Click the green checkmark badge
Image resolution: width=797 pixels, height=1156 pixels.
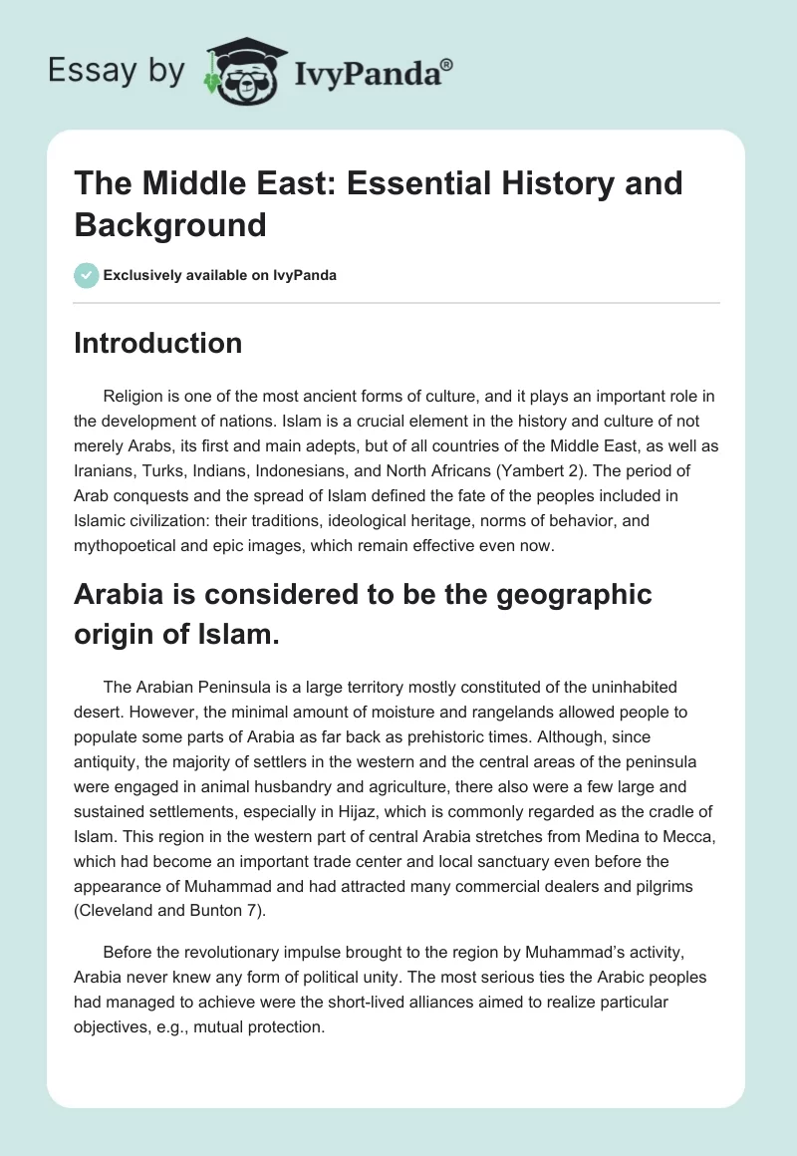[87, 275]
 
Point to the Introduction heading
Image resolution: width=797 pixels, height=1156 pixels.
[157, 343]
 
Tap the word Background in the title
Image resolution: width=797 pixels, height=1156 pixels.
[170, 224]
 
